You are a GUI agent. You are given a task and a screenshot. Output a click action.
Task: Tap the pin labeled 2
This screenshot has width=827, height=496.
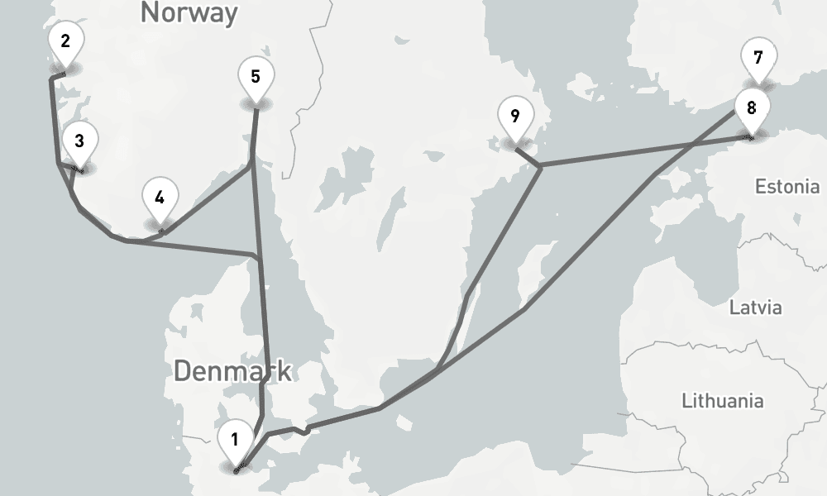click(65, 42)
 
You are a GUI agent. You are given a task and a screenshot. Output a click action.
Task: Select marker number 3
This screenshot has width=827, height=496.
click(79, 141)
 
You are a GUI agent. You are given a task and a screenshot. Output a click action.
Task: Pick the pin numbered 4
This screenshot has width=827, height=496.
click(160, 199)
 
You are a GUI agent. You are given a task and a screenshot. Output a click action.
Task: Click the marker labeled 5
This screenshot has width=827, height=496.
click(256, 78)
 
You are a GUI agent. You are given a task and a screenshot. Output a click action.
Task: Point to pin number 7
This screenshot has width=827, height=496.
click(758, 59)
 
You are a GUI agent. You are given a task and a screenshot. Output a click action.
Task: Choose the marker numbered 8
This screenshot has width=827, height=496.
click(751, 108)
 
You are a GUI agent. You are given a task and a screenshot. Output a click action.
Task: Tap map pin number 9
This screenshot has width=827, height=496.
click(515, 117)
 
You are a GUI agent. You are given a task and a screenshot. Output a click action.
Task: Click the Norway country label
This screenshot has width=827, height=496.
click(189, 12)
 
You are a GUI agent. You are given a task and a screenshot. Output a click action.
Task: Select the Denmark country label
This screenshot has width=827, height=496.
click(232, 371)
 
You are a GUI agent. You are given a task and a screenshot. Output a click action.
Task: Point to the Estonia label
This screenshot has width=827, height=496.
click(786, 186)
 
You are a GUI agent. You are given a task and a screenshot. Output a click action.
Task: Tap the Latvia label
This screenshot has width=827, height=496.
click(754, 308)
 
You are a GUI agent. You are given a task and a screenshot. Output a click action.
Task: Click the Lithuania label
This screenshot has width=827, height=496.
click(722, 401)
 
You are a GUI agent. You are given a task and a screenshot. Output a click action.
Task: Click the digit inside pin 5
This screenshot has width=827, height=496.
click(256, 77)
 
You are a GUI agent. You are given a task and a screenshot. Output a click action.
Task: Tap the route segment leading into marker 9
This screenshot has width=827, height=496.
click(528, 157)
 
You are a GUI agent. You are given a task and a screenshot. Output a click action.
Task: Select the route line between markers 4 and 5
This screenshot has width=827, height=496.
click(207, 199)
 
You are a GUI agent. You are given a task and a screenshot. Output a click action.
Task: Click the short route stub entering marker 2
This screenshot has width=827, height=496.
click(58, 76)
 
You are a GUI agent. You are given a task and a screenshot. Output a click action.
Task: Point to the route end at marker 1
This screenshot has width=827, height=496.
click(237, 470)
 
